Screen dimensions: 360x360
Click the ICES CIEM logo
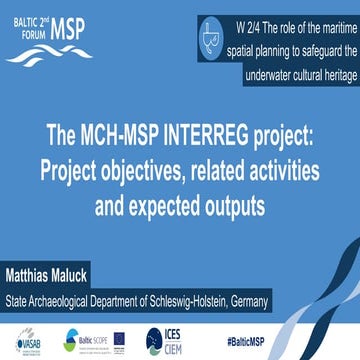tap(169, 338)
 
